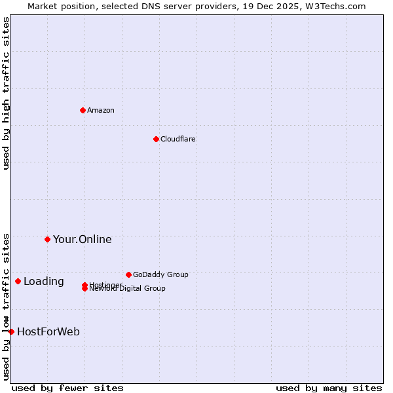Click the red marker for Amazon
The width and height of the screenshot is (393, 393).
pos(83,110)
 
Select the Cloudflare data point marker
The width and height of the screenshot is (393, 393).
pos(156,139)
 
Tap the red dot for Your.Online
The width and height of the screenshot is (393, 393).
pos(47,239)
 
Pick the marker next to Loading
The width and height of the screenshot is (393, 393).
pos(18,281)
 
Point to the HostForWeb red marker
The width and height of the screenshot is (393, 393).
pos(11,331)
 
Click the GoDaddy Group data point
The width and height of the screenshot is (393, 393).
pos(128,274)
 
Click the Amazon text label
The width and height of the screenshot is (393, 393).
pos(101,110)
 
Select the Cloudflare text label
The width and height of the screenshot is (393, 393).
pos(178,139)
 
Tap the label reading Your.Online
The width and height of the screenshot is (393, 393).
pos(82,239)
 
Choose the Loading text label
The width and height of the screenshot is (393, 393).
pos(43,282)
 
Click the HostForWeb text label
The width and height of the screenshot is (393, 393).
pos(48,331)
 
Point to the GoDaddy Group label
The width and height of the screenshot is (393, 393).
pos(160,274)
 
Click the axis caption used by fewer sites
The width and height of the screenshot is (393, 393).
pos(67,388)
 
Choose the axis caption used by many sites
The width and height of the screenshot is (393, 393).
pos(329,388)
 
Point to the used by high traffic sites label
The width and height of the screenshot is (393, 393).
pos(6,93)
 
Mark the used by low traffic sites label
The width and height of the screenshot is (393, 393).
pos(6,307)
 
